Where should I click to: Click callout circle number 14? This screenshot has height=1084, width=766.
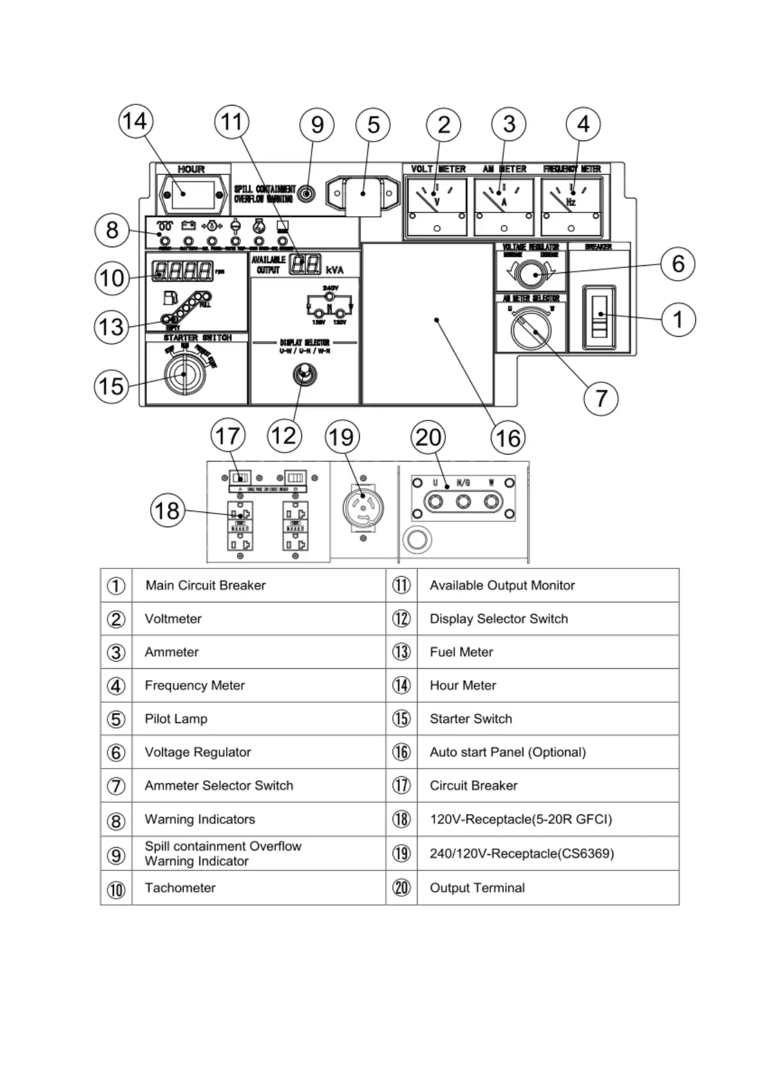(135, 121)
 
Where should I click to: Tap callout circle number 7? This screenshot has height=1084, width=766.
(601, 398)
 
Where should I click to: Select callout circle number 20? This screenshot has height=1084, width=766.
(428, 437)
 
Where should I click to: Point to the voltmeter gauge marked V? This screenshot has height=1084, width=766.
(437, 207)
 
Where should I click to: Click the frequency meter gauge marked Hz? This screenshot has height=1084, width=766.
(571, 207)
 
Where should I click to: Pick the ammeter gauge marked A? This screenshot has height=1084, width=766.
(504, 207)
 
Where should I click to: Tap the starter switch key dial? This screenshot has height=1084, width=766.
(184, 374)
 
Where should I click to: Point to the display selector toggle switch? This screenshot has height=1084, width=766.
(304, 374)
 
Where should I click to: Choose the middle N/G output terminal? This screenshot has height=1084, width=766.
(463, 501)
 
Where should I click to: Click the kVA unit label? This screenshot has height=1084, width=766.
(335, 270)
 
